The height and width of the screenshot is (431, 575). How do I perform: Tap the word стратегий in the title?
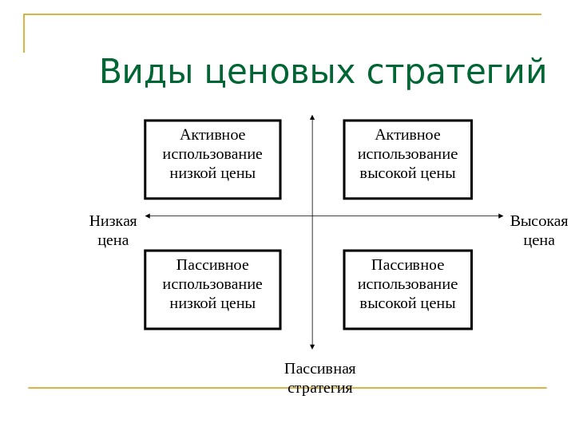click(x=457, y=73)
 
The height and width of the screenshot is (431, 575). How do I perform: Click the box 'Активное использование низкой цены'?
click(x=212, y=159)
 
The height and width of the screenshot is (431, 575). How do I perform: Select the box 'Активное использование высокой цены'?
click(x=407, y=159)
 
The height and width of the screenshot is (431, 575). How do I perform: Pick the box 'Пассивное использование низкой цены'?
click(x=212, y=289)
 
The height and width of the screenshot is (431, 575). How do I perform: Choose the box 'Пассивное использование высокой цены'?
click(x=407, y=289)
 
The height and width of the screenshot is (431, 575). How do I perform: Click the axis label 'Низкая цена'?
click(x=113, y=230)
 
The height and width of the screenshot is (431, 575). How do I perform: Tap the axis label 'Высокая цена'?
click(x=538, y=230)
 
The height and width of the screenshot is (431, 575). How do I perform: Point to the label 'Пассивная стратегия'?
click(x=319, y=378)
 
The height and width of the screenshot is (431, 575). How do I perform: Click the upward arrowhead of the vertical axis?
click(x=312, y=117)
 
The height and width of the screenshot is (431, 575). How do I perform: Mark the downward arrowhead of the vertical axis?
click(x=312, y=346)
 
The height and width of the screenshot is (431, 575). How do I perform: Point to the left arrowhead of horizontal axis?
click(x=148, y=215)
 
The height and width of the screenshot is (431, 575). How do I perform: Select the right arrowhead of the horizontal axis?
click(x=501, y=215)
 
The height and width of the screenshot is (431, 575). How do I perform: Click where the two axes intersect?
click(x=312, y=215)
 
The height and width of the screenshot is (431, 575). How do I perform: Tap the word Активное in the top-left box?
click(x=212, y=134)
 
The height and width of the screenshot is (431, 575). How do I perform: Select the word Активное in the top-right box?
click(x=407, y=134)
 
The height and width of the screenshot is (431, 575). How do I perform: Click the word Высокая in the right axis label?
click(x=538, y=221)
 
